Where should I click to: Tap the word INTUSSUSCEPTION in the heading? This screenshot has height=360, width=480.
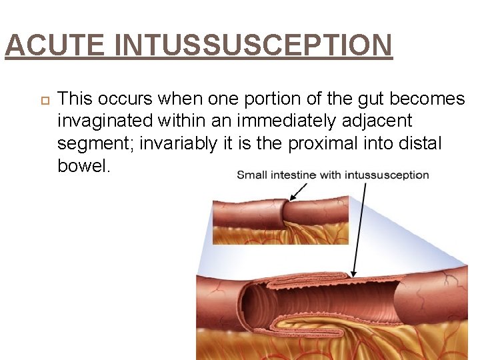pos(253,46)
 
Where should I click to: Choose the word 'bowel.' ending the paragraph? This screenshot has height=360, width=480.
pos(83,165)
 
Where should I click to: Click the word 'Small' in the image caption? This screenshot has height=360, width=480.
pos(251,175)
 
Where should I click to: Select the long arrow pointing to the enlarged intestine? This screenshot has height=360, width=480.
pos(361,227)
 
